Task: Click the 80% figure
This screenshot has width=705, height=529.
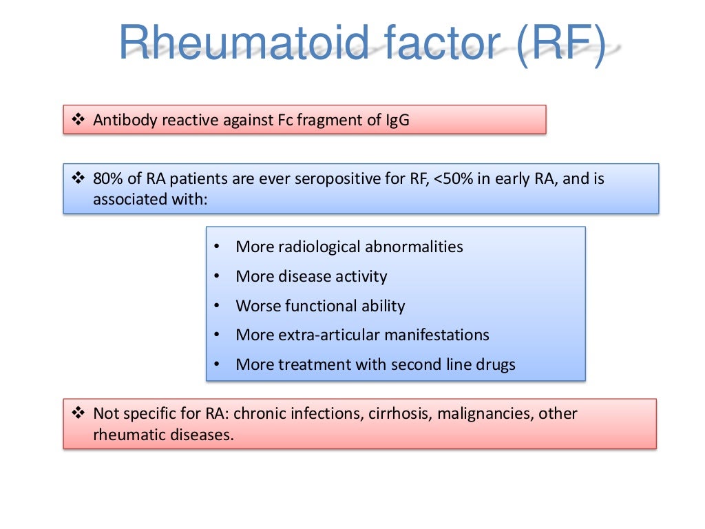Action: [x=108, y=179]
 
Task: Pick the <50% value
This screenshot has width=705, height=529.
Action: [x=456, y=179]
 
